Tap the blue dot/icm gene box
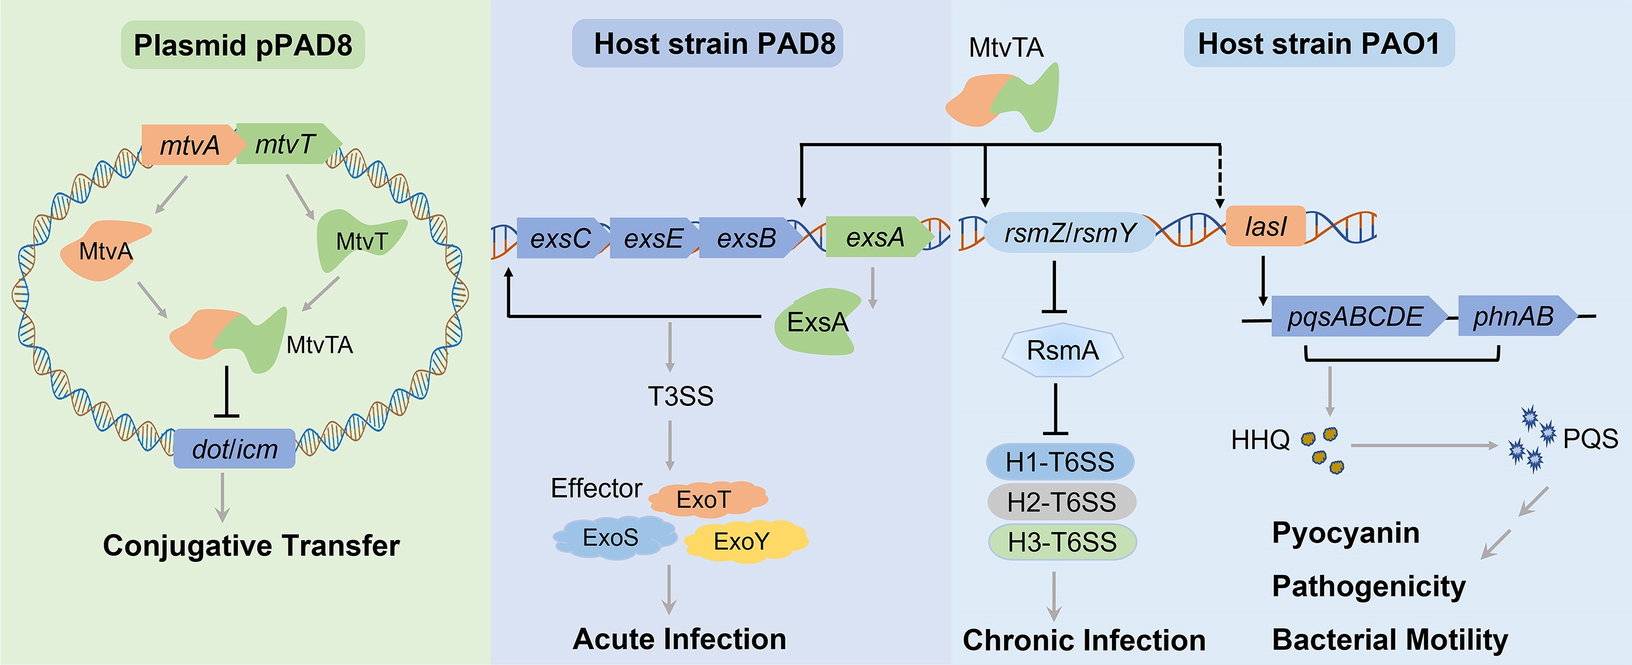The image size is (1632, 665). [x=235, y=449]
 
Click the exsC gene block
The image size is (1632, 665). [x=560, y=238]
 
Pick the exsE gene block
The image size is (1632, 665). [x=652, y=238]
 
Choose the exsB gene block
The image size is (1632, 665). [x=746, y=238]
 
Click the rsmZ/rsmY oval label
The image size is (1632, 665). [x=1069, y=232]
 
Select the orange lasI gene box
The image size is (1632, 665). [x=1265, y=226]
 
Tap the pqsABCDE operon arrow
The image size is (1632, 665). [x=1356, y=316]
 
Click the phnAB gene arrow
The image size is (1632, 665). [x=1514, y=316]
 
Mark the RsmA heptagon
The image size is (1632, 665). [x=1063, y=350]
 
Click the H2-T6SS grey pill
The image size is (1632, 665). [x=1062, y=502]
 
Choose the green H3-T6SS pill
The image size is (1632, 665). [x=1063, y=542]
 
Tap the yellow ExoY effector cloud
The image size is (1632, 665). [x=742, y=541]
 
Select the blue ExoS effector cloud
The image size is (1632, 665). [x=611, y=538]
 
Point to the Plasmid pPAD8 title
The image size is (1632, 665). [x=243, y=45]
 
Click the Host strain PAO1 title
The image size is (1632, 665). [x=1319, y=43]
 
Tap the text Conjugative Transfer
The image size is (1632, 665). [x=251, y=546]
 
